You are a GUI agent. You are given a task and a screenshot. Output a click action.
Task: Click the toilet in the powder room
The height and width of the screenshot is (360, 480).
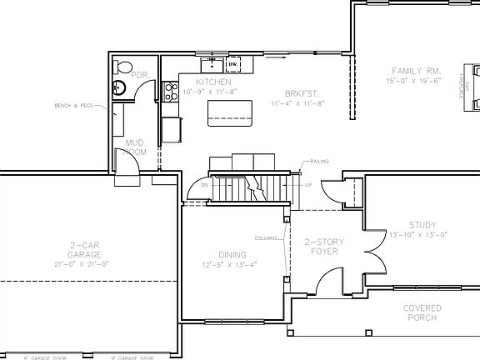(x=123, y=67)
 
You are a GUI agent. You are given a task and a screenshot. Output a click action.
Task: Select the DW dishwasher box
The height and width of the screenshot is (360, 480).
(x=233, y=63)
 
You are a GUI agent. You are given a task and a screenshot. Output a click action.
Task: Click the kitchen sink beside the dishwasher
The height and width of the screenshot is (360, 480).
(x=213, y=63)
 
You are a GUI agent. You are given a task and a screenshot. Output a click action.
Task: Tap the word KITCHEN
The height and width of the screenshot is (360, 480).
(x=213, y=82)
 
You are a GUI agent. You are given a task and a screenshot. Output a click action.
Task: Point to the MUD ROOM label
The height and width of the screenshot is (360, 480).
(x=135, y=147)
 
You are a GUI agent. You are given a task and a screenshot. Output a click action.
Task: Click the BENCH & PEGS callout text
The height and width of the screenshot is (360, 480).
(x=73, y=106)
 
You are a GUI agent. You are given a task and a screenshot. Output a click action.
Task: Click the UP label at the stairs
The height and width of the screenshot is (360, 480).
(x=307, y=185)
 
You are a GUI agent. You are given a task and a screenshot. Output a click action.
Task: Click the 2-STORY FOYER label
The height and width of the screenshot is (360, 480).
(x=323, y=245)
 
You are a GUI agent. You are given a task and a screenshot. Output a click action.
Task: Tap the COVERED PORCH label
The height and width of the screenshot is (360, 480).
(x=422, y=312)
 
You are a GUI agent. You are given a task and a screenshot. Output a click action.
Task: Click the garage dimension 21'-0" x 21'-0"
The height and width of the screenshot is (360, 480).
(x=85, y=263)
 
